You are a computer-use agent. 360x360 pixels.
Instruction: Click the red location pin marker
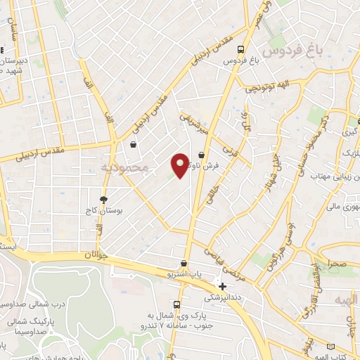click(180, 165)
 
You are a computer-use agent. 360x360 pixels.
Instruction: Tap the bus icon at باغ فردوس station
click(241, 50)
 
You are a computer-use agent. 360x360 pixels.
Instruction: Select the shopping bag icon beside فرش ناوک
click(202, 154)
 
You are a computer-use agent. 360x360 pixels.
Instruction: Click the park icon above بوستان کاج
click(104, 200)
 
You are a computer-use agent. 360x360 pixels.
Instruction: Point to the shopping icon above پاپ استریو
click(184, 263)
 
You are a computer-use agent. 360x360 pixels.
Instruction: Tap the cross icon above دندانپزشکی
click(222, 286)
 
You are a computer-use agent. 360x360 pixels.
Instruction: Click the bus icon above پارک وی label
click(176, 305)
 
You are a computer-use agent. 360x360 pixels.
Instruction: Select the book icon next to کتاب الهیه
click(332, 346)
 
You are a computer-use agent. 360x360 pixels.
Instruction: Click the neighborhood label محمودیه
click(124, 168)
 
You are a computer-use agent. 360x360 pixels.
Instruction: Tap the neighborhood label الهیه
click(347, 300)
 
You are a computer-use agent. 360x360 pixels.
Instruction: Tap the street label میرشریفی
click(193, 121)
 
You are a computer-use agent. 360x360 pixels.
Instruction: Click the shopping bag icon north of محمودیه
click(133, 145)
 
